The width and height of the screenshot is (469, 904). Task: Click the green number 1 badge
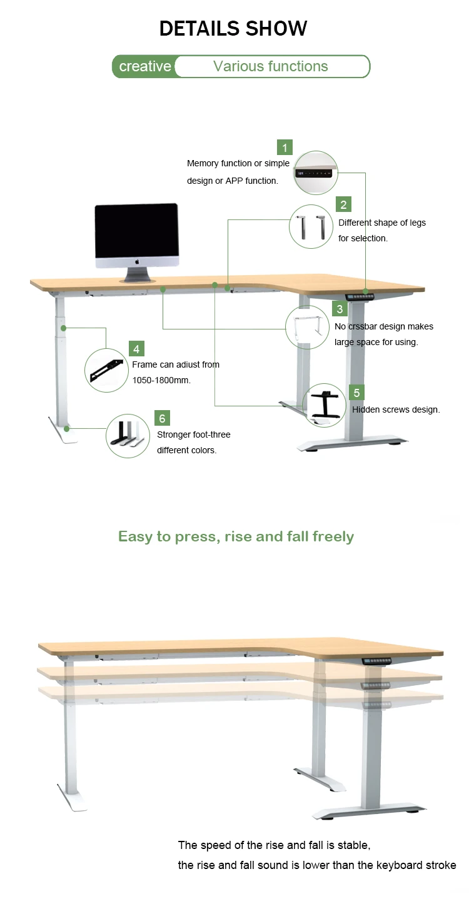point(285,148)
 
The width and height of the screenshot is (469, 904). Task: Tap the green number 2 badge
point(343,204)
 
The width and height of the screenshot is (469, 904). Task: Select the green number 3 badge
point(340,309)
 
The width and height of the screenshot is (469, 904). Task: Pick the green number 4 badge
point(136,349)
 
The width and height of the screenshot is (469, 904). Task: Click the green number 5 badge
point(356,393)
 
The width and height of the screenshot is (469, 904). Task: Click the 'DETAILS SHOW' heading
point(233,28)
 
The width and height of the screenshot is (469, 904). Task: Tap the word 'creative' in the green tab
point(145,66)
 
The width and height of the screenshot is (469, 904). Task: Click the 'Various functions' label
point(270,66)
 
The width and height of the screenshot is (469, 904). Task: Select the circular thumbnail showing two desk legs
point(311,226)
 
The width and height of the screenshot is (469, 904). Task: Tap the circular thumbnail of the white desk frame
point(307,328)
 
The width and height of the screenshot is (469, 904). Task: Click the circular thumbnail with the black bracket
point(106,371)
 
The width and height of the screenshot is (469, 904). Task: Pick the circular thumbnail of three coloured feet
point(128,435)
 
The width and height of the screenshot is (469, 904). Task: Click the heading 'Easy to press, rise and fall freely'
point(236,536)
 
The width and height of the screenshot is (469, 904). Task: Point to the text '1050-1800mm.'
point(161,380)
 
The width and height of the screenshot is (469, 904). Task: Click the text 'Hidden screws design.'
point(396,409)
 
